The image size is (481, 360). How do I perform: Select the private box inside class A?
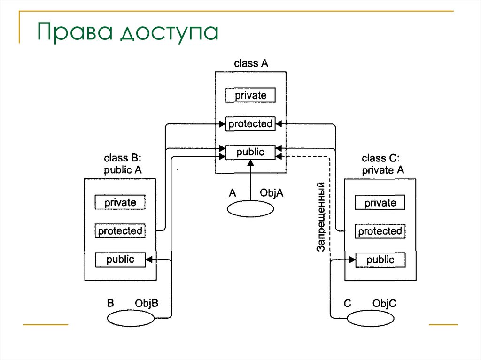[x=250, y=95]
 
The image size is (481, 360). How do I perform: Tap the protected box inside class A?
[x=250, y=124]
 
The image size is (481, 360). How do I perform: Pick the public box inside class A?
[x=250, y=152]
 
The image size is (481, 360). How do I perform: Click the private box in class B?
[x=120, y=203]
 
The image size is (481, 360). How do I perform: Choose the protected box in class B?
[x=120, y=231]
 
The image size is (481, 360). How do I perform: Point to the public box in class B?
[x=120, y=259]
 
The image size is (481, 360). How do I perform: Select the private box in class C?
[x=380, y=203]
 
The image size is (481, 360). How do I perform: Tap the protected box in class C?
[x=380, y=231]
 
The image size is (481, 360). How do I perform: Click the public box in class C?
[x=380, y=260]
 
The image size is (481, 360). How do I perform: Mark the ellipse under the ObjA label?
[x=250, y=209]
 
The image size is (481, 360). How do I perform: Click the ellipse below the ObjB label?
[x=130, y=319]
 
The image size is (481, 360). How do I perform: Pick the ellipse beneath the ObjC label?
[x=371, y=319]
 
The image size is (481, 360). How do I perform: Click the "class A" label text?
[x=251, y=64]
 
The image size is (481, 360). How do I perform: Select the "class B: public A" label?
[x=123, y=164]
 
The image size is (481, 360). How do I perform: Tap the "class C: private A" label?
[x=383, y=164]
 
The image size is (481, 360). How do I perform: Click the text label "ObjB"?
[x=147, y=303]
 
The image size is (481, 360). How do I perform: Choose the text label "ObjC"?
[x=384, y=304]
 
